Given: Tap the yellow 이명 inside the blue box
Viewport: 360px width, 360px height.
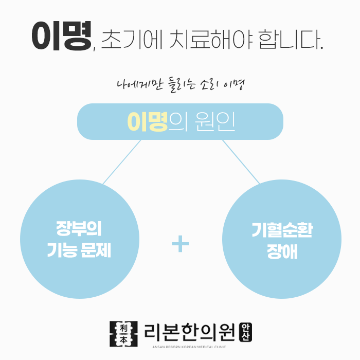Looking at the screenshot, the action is tap(148, 121).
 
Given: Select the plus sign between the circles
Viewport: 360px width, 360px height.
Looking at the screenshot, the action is tap(180, 244).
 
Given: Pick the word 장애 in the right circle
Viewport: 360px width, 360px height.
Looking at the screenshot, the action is tap(282, 252).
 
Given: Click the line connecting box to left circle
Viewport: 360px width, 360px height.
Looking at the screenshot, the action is tap(121, 162).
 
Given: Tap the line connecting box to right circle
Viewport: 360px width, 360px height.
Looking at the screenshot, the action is tap(240, 162).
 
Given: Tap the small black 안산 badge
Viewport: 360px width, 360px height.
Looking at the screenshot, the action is tap(246, 332).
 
